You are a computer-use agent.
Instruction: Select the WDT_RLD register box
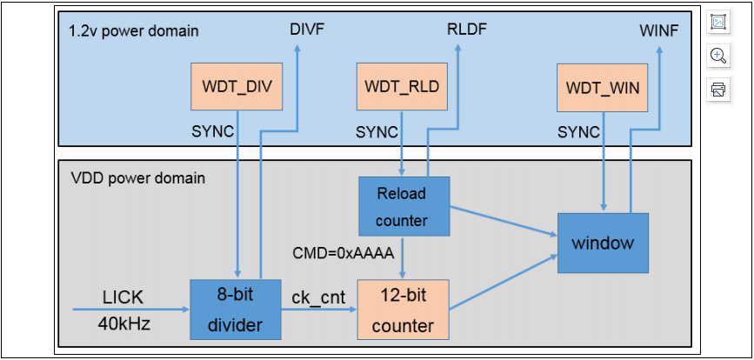(401, 87)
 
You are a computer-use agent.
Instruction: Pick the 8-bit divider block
(236, 310)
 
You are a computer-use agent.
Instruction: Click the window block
(603, 242)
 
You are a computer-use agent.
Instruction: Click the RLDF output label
(466, 29)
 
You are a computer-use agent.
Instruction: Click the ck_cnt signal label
(318, 297)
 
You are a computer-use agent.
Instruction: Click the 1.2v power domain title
(133, 31)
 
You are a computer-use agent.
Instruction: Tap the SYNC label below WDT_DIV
(211, 132)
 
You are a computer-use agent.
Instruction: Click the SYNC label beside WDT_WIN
(578, 132)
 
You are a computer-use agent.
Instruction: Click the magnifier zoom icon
(717, 56)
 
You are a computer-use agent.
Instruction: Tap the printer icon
(717, 89)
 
